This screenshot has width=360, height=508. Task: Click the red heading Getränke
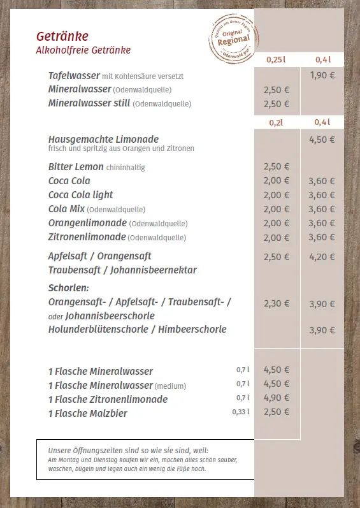62,36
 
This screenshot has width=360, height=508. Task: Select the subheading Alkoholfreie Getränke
83,50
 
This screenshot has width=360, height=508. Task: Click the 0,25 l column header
276,59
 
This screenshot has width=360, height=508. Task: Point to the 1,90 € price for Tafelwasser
322,75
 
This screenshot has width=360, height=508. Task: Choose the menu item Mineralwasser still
89,103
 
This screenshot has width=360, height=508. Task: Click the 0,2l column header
276,122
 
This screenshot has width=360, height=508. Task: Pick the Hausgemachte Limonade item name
103,139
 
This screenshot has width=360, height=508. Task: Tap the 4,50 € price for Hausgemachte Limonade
322,140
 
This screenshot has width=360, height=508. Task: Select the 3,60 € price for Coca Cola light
322,195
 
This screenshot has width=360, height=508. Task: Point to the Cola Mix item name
66,209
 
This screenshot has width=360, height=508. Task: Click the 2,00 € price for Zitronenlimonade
277,238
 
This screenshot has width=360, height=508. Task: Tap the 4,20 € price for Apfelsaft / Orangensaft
322,257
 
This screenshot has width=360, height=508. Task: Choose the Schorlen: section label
68,288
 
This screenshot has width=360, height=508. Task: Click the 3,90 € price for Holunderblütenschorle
322,330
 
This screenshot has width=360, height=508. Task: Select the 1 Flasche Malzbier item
88,414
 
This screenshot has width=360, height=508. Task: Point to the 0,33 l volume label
241,412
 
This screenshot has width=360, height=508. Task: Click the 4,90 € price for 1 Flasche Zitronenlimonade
277,398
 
